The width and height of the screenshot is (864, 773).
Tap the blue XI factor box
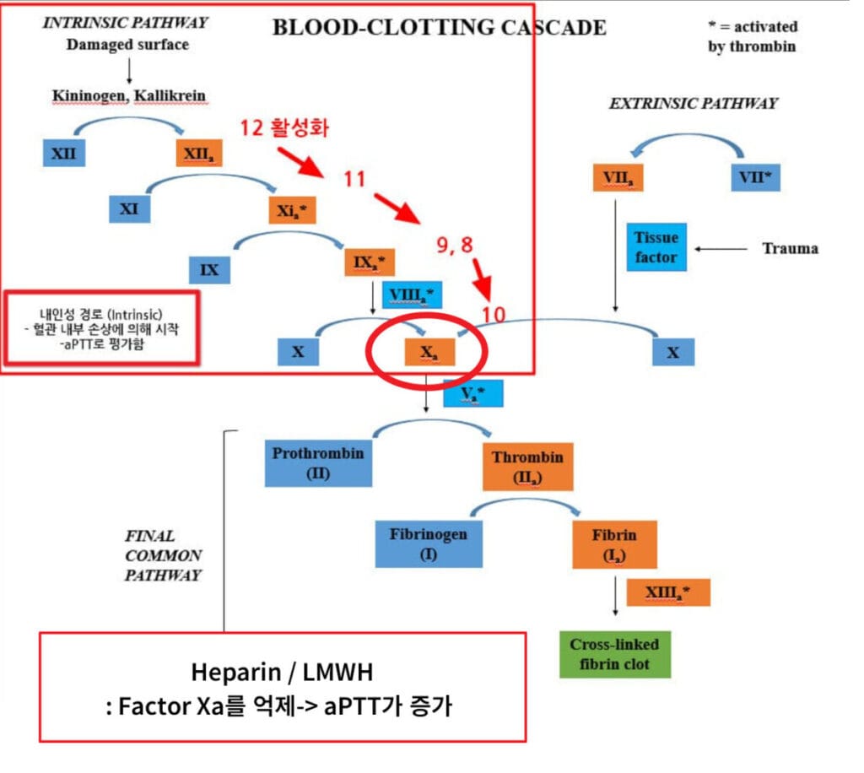point(129,208)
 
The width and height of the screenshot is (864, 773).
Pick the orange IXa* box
point(369,262)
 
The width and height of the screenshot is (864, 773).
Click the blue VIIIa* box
point(413,295)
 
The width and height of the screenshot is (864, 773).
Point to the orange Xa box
point(429,352)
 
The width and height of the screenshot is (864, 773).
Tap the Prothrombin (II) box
point(318,463)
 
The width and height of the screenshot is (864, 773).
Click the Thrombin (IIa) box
point(527,467)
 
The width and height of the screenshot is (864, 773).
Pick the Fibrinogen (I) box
point(429,544)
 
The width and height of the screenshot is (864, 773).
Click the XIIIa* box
point(668,592)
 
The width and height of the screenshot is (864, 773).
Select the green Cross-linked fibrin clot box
point(614,654)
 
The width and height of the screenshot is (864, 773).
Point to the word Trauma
point(790,248)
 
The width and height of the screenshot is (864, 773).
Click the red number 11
point(354,179)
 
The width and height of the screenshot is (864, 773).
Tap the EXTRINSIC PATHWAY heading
point(693,104)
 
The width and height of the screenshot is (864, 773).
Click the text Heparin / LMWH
point(282,673)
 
